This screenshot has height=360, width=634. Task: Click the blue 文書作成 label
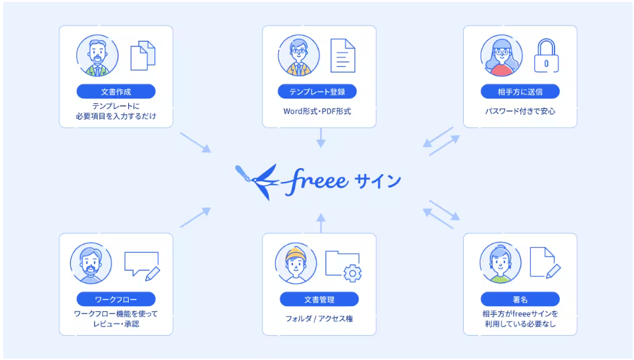point(116,91)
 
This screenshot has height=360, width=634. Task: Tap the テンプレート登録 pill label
point(317,91)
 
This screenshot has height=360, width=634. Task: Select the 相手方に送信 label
point(520,91)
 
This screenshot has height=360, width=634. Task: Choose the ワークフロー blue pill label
point(116,299)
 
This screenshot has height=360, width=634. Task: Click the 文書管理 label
point(319,299)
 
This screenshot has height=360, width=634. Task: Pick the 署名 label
point(520,299)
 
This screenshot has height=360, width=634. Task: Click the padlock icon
point(546,56)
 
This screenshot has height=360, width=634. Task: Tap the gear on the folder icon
point(353,273)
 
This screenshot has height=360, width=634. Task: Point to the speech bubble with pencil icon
point(142,266)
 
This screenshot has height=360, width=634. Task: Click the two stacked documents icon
point(143,55)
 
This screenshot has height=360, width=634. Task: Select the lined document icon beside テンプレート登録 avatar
point(343,55)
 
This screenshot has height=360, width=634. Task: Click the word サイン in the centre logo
point(378,181)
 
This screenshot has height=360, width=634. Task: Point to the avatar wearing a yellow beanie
point(296,263)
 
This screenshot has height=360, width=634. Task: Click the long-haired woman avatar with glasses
point(501,56)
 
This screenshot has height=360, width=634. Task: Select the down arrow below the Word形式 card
point(321,137)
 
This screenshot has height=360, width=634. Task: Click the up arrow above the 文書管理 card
point(321,223)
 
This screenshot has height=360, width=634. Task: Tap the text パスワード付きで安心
point(520,111)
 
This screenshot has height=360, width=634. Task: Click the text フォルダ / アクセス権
point(319,319)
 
